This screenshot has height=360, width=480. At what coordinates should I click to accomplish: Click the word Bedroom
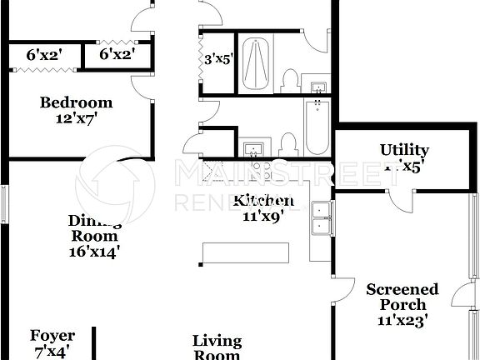pos(77,102)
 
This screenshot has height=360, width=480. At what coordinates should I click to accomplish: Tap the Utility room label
pos(404,150)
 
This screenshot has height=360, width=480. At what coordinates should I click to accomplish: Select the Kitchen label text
pos(262,201)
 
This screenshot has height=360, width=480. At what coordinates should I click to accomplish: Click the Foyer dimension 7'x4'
pos(52,352)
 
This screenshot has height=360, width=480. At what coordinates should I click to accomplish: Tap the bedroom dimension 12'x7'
pos(77,119)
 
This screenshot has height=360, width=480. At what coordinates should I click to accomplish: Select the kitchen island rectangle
pos(247,252)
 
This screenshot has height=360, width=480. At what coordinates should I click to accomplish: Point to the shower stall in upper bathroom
pos(255,63)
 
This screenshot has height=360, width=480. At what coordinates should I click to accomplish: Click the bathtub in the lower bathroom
pos(317,127)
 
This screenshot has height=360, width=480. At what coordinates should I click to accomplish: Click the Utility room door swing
pos(402,197)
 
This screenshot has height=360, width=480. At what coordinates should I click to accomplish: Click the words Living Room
pos(217,347)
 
